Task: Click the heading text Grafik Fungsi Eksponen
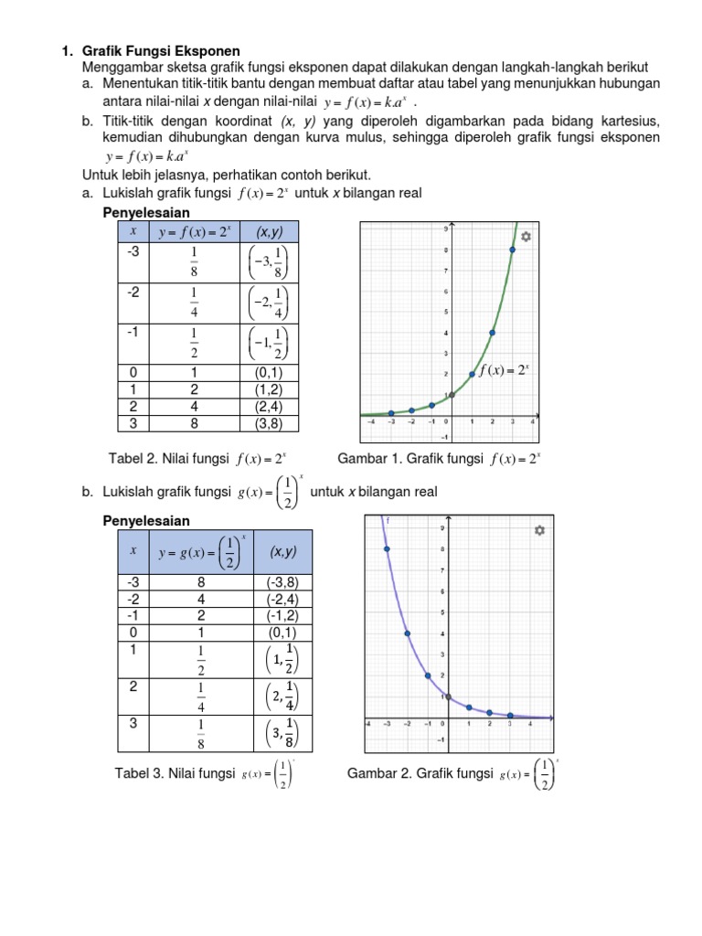(161, 51)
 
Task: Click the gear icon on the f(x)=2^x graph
(526, 237)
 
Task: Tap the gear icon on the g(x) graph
(539, 530)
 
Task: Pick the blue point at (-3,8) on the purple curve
(387, 549)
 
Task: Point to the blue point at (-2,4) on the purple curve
(407, 633)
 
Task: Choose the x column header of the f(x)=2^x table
(133, 232)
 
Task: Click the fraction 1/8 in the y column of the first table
(194, 261)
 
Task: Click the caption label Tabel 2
(134, 459)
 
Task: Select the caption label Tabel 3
(141, 774)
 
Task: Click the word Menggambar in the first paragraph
(119, 68)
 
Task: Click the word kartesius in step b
(627, 121)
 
